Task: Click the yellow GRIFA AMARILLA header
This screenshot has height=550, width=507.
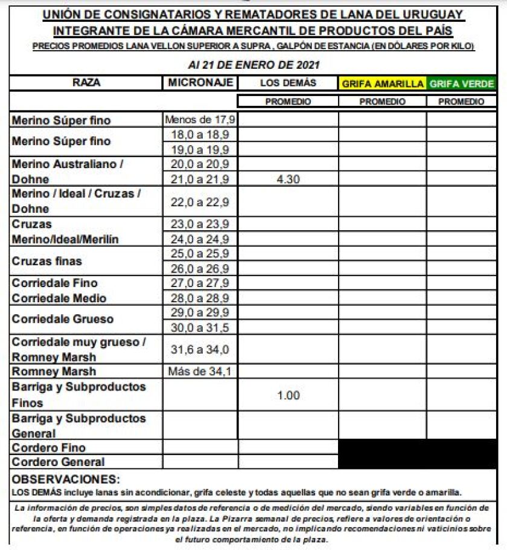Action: point(383,84)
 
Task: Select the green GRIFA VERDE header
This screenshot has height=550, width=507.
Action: point(461,84)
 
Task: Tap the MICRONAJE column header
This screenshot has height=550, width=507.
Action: point(199,83)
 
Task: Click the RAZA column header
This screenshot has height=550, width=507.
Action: point(86,83)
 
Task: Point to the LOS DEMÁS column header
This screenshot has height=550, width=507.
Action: point(288,83)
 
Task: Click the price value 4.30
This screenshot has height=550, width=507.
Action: point(288,179)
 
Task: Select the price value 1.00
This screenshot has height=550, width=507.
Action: point(288,395)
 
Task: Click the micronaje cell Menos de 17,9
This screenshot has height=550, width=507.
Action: point(199,120)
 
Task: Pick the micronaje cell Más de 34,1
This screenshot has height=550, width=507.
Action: point(199,371)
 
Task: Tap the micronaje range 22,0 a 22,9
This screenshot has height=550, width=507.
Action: point(199,202)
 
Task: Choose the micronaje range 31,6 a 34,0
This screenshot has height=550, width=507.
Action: point(199,349)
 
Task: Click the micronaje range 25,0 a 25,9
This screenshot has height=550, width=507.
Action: point(199,254)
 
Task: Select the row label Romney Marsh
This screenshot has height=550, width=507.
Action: point(54,372)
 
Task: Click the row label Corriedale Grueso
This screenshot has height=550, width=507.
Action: point(62,319)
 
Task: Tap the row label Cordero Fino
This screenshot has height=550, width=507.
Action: point(49,448)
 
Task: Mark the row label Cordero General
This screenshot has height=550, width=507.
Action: point(58,462)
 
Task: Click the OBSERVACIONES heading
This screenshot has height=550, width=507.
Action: point(66,480)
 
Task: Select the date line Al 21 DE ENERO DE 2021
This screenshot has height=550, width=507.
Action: point(253,65)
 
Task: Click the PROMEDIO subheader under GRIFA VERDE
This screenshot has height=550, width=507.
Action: point(461,102)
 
